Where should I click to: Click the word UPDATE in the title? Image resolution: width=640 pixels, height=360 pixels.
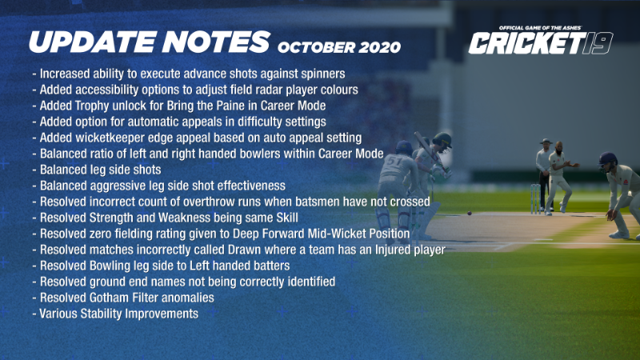click(x=93, y=42)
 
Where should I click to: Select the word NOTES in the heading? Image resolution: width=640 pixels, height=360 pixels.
click(x=216, y=42)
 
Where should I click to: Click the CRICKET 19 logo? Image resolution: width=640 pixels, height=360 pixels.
click(x=541, y=43)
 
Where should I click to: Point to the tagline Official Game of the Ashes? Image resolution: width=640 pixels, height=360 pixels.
click(x=539, y=28)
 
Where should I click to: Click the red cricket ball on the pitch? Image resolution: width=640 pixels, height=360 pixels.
click(x=470, y=213)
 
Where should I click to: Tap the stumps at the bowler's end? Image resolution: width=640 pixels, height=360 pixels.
click(x=535, y=198)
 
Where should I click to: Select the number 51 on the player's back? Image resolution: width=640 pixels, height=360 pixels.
click(x=394, y=162)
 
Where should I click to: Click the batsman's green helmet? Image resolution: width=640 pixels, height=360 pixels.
click(x=442, y=140)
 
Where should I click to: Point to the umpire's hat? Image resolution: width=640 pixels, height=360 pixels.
click(x=546, y=142)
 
